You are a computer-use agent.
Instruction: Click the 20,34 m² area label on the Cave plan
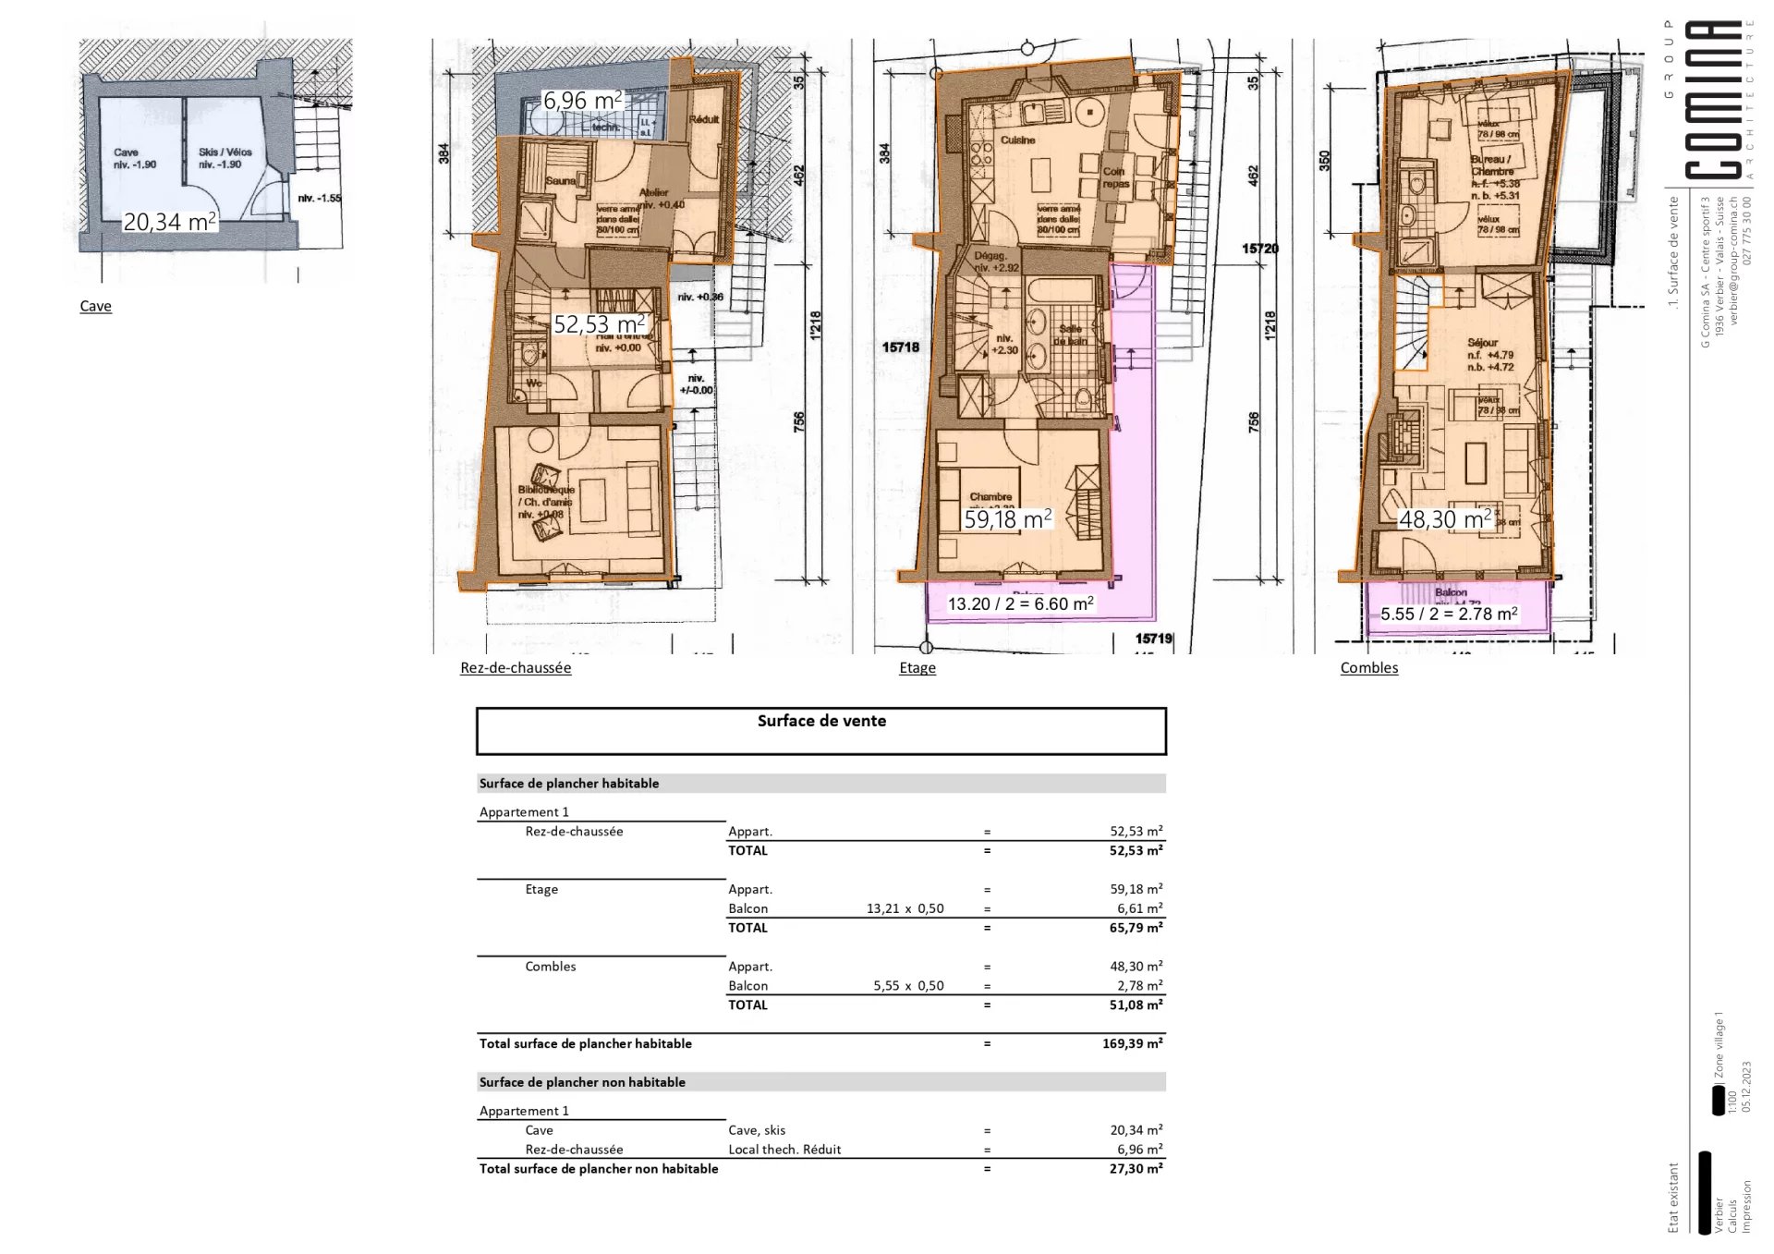pyautogui.click(x=170, y=222)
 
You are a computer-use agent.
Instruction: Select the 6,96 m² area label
pyautogui.click(x=582, y=101)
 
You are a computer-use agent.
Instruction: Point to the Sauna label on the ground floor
pyautogui.click(x=560, y=181)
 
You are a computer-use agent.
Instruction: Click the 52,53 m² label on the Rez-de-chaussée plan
pyautogui.click(x=599, y=324)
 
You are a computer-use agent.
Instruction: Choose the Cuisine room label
pyautogui.click(x=1017, y=140)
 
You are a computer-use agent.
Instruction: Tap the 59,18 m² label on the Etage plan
pyautogui.click(x=1008, y=519)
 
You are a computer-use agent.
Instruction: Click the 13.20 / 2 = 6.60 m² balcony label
pyautogui.click(x=1021, y=604)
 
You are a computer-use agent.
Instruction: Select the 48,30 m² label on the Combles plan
pyautogui.click(x=1445, y=519)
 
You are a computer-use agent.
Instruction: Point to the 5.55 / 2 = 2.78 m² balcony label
pyautogui.click(x=1449, y=614)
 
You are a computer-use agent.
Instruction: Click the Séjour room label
pyautogui.click(x=1482, y=343)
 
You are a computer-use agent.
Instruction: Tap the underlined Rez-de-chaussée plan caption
pyautogui.click(x=516, y=668)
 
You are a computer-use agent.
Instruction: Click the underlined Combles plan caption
pyautogui.click(x=1368, y=668)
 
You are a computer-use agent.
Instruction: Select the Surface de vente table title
pyautogui.click(x=821, y=722)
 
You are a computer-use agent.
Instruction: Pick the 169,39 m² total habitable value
pyautogui.click(x=1132, y=1044)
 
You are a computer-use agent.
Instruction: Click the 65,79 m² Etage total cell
pyautogui.click(x=1136, y=928)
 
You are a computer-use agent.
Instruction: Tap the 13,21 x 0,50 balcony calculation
pyautogui.click(x=905, y=908)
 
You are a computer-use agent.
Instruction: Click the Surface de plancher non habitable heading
pyautogui.click(x=582, y=1082)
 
